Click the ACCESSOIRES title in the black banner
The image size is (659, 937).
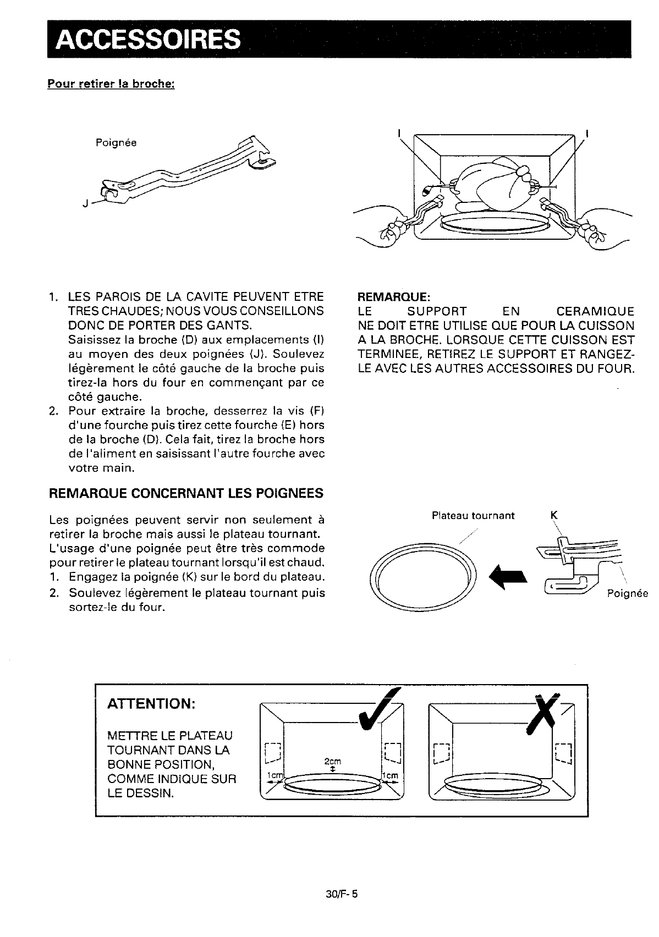pyautogui.click(x=148, y=40)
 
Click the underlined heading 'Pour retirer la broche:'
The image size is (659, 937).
pyautogui.click(x=111, y=84)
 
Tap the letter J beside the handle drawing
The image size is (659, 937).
pyautogui.click(x=85, y=203)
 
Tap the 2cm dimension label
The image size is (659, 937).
pyautogui.click(x=333, y=761)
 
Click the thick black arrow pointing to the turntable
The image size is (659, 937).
pyautogui.click(x=508, y=578)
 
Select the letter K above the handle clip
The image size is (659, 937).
pyautogui.click(x=554, y=515)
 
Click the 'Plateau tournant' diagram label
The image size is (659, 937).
pyautogui.click(x=473, y=516)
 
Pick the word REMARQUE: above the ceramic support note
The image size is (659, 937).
pyautogui.click(x=394, y=296)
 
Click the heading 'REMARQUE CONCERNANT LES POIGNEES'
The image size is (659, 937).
pyautogui.click(x=186, y=493)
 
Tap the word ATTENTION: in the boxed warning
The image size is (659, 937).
pyautogui.click(x=151, y=704)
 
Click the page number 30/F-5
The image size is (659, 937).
pyautogui.click(x=342, y=894)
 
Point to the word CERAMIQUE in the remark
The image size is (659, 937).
pyautogui.click(x=595, y=311)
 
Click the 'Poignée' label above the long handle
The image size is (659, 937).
pyautogui.click(x=116, y=143)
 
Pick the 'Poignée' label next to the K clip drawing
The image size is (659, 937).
pyautogui.click(x=627, y=593)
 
